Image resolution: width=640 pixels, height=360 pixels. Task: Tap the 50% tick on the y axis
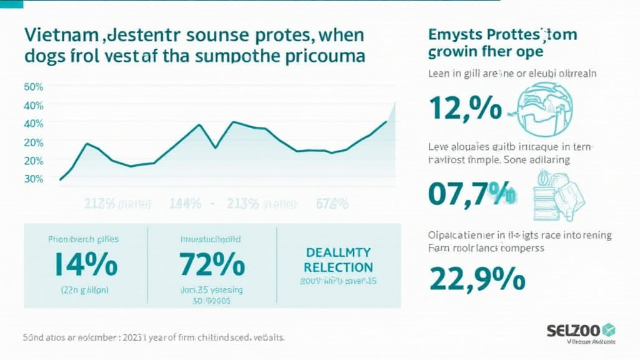pos(33,87)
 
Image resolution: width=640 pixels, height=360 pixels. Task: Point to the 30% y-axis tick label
pos(33,179)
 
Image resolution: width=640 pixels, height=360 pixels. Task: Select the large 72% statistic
pos(212,265)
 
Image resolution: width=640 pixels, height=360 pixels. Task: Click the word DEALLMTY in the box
pos(337,252)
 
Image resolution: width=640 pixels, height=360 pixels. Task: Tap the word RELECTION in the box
pos(337,267)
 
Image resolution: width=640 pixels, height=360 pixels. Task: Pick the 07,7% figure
pos(472,193)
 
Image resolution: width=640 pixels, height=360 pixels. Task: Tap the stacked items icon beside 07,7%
pos(557,193)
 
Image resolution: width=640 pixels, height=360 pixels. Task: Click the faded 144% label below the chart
pos(185,204)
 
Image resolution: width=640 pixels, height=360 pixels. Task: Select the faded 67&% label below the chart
pos(332,204)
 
